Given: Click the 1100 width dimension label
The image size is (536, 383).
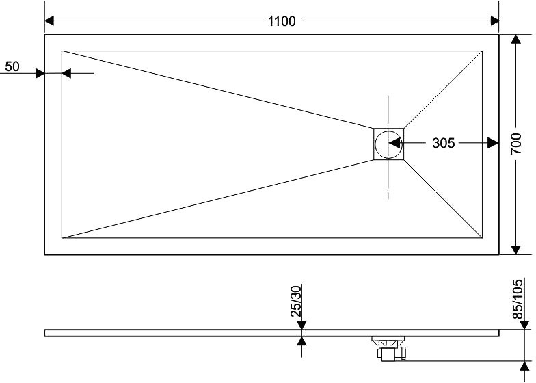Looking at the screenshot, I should point(282,21).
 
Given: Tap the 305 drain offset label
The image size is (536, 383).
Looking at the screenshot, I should point(444,143).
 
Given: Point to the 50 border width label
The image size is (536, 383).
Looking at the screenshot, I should point(12,66).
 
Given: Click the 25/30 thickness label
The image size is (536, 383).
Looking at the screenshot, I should point(297,301).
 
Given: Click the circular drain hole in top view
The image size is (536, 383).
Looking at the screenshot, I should point(389,144).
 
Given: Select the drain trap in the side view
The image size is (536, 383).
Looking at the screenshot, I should point(389,349).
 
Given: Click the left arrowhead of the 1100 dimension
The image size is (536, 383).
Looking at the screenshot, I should point(50,21).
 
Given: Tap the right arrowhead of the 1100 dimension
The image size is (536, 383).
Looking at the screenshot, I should point(494,21).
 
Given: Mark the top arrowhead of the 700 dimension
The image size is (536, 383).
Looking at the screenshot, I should point(517,40).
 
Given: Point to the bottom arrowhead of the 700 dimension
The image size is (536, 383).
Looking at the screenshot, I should point(517,249).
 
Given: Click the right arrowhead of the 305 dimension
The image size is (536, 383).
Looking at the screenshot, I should point(493,143).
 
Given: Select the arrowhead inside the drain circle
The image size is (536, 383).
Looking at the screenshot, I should point(394,143).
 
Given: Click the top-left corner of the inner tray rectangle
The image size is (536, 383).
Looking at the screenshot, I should point(62,51).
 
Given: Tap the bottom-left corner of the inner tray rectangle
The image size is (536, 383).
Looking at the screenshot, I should point(62,239).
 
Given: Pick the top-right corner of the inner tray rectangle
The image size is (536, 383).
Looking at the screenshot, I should point(483,51).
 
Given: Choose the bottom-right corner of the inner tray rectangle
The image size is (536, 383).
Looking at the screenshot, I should point(483,239).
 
